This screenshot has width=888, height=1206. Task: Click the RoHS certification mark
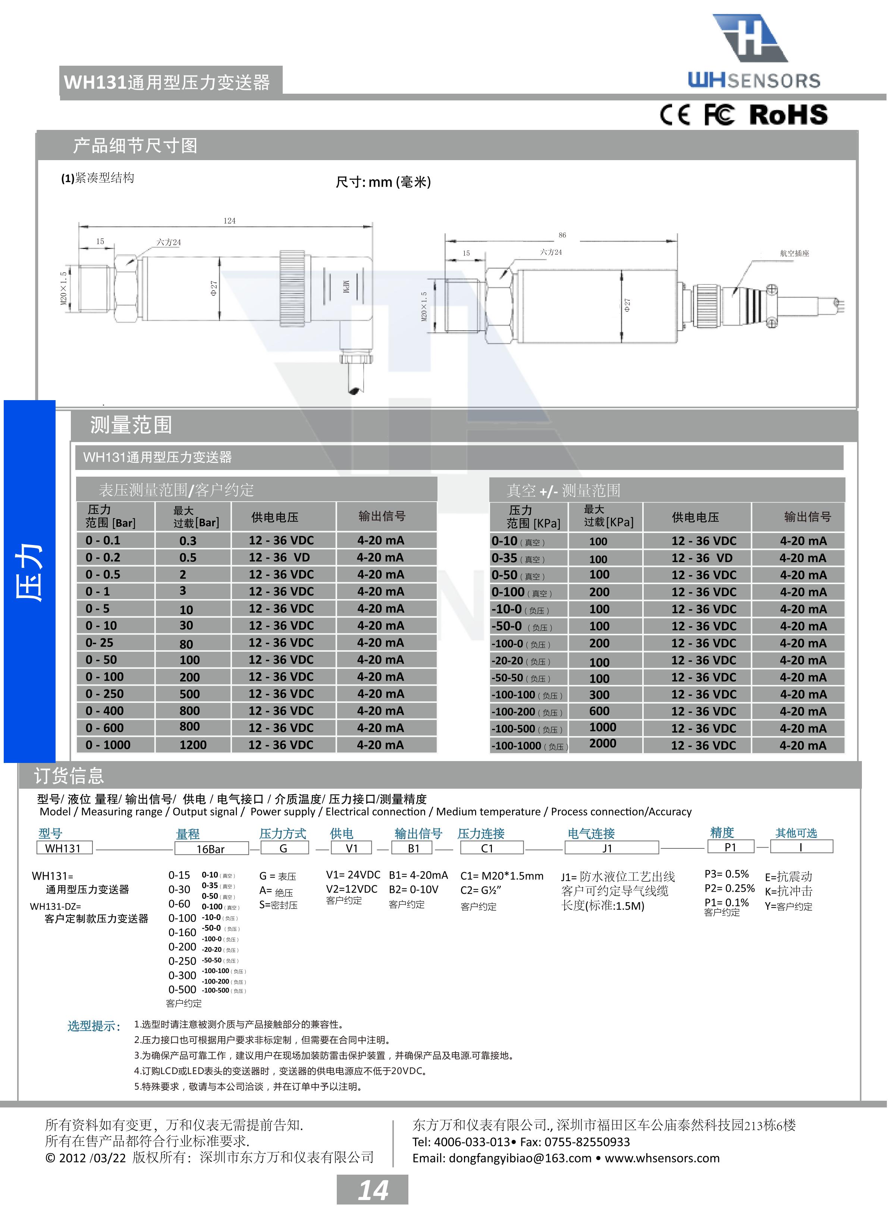click(788, 115)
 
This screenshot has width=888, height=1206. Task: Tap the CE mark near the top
click(675, 115)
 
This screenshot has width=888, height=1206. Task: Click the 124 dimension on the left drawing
click(229, 221)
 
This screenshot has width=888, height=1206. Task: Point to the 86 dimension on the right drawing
click(562, 235)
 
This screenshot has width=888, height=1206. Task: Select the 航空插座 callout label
click(794, 253)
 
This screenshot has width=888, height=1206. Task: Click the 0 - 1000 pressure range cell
click(108, 745)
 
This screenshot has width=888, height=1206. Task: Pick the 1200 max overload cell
click(193, 745)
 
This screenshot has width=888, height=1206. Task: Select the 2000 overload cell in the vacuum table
click(603, 744)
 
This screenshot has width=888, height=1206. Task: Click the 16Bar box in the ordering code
click(211, 848)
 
